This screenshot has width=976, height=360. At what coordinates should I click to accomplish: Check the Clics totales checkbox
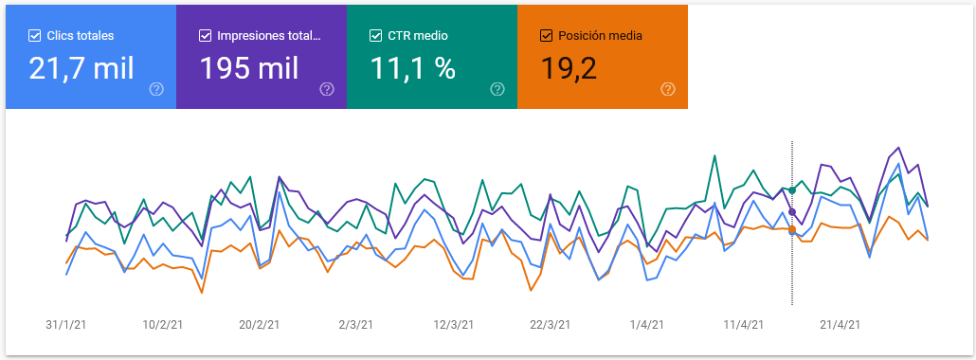click(35, 36)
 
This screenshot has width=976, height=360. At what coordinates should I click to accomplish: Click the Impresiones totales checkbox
click(206, 36)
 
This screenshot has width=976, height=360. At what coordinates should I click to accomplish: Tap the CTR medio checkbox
click(376, 36)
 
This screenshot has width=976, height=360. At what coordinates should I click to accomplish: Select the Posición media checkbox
click(546, 36)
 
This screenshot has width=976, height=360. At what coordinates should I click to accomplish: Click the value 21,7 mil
click(81, 68)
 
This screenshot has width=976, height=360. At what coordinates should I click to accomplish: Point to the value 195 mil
click(249, 68)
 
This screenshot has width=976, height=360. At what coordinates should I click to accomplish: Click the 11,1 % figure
click(413, 68)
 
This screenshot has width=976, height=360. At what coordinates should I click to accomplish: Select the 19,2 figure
click(569, 68)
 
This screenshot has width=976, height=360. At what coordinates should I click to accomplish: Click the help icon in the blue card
click(156, 89)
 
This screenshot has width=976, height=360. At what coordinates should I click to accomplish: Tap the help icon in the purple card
click(327, 89)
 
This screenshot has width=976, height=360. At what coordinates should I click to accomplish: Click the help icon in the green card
click(497, 89)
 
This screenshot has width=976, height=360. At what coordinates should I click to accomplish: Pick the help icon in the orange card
click(668, 89)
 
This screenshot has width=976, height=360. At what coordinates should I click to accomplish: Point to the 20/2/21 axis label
click(259, 324)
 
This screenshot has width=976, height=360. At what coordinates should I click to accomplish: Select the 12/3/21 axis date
click(453, 324)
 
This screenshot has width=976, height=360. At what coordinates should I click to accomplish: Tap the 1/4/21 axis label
click(646, 324)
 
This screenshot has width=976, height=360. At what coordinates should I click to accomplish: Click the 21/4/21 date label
click(840, 324)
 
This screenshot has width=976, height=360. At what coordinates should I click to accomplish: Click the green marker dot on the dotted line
click(792, 190)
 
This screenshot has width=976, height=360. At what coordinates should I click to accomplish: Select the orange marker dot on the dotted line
click(792, 229)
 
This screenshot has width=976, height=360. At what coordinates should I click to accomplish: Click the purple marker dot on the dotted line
click(792, 212)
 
